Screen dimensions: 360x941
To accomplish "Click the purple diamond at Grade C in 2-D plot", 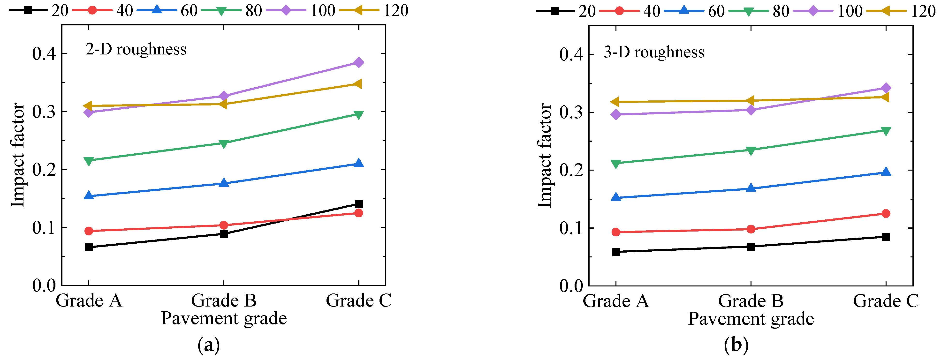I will pos(359,62).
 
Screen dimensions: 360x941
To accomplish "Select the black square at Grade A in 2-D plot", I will pos(89,247).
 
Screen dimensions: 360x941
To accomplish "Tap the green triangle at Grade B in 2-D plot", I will pos(224,143).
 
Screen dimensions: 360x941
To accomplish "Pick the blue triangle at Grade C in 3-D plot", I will pos(886,172).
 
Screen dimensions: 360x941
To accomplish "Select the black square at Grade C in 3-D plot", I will pos(886,237).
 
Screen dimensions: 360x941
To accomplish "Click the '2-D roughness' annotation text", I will pos(136,49).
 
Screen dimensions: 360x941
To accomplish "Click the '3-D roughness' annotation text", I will pos(654,52).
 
